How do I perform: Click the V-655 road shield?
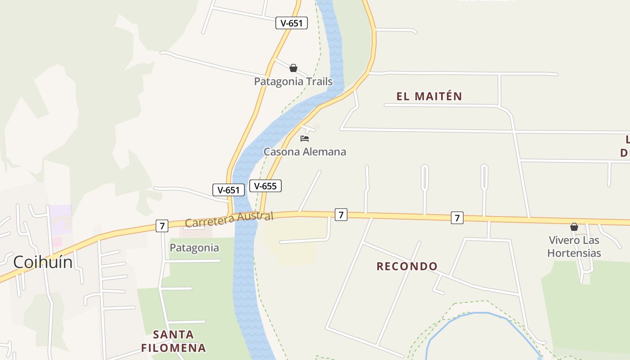265,186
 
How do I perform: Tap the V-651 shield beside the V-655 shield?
229,190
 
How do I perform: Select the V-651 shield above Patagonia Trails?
292,23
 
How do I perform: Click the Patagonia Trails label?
293,81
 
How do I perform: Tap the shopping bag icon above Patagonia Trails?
293,68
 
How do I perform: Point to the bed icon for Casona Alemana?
305,139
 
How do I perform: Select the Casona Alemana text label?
305,152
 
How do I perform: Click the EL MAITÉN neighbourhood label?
429,96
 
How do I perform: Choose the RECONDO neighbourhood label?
407,266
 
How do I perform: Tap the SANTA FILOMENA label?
173,341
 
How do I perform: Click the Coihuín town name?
43,262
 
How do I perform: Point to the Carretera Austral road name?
229,220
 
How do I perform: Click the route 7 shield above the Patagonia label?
162,226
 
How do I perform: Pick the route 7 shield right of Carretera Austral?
341,215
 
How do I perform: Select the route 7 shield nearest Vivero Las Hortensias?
457,218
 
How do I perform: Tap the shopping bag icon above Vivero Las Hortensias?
574,227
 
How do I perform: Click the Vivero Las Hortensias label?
574,247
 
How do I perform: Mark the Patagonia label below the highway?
194,248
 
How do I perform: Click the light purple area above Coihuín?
60,218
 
